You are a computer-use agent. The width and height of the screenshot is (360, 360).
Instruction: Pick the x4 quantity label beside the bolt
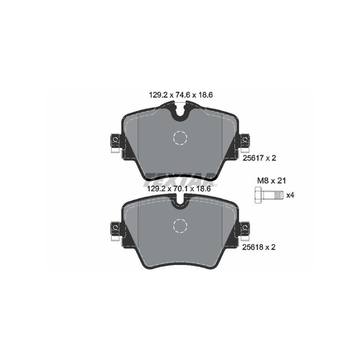click(x=290, y=195)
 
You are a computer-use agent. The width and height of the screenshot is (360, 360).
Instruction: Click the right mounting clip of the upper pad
click(x=245, y=142)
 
